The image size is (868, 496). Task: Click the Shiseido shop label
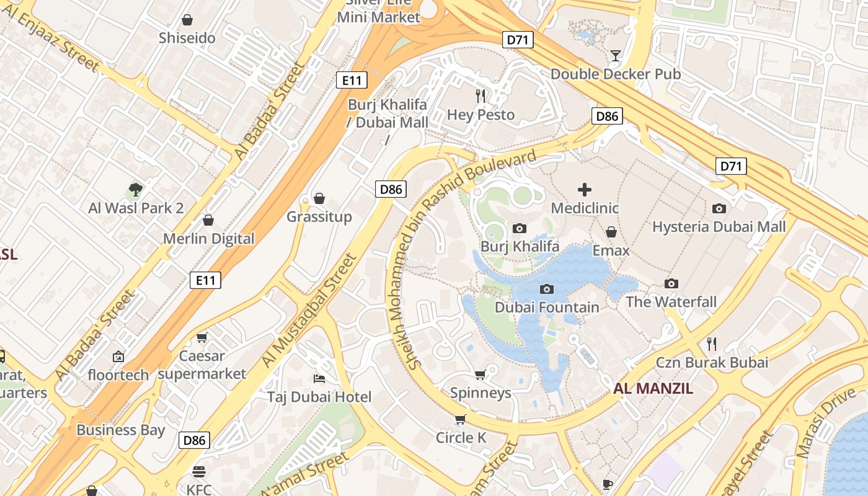tap(187, 38)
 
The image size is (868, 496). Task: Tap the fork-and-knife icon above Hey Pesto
tap(480, 96)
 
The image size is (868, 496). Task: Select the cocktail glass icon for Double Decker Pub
tap(615, 56)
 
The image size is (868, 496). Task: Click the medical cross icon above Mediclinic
tap(584, 190)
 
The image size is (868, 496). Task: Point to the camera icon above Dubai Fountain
tap(546, 289)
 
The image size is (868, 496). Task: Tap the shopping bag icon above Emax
tap(611, 232)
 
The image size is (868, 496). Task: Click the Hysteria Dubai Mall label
tap(719, 226)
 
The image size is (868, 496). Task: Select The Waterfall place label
tap(671, 302)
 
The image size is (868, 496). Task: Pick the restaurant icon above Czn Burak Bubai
tap(712, 343)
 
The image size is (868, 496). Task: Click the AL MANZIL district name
tap(653, 389)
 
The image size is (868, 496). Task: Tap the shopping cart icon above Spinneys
tap(480, 374)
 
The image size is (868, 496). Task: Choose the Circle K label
tap(461, 438)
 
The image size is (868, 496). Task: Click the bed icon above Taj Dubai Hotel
tap(319, 378)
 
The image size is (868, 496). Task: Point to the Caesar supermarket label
tap(201, 365)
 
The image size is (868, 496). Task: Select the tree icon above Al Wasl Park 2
tap(136, 189)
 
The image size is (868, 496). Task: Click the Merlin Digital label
tap(208, 239)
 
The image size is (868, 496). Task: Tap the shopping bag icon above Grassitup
tap(319, 198)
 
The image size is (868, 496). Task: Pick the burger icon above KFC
tap(198, 472)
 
